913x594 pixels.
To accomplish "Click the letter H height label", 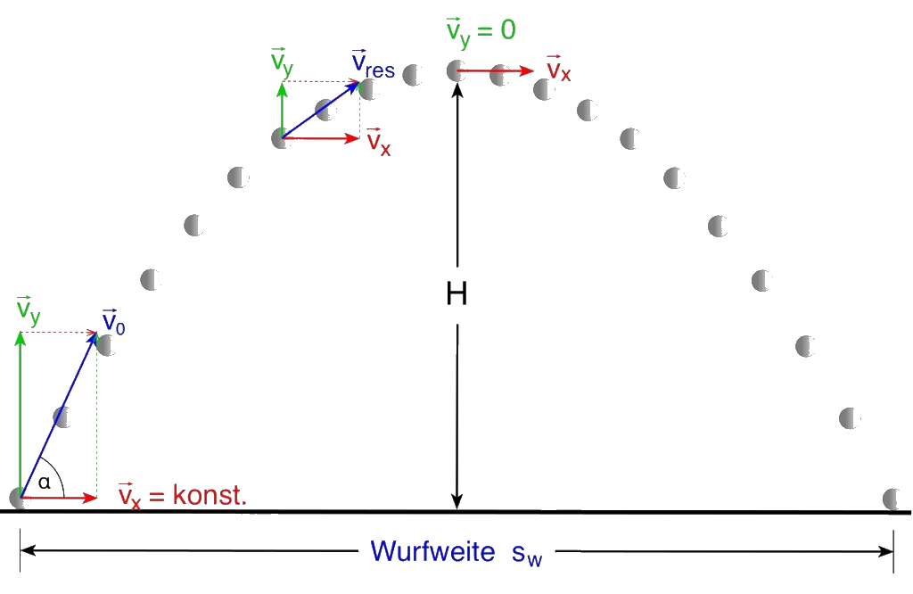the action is pyautogui.click(x=456, y=293).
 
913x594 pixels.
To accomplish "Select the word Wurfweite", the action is pyautogui.click(x=432, y=551).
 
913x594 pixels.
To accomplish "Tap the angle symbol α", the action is pyautogui.click(x=45, y=483).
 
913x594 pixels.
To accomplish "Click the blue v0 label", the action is pyautogui.click(x=113, y=322).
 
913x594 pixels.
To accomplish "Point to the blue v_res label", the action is pyautogui.click(x=374, y=64).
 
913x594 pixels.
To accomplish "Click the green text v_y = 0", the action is pyautogui.click(x=481, y=31).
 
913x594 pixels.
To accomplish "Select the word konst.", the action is pyautogui.click(x=210, y=496).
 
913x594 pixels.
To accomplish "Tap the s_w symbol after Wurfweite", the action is pyautogui.click(x=527, y=555).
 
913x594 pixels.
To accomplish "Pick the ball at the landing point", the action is pyautogui.click(x=892, y=499).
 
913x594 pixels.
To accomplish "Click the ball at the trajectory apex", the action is pyautogui.click(x=456, y=71).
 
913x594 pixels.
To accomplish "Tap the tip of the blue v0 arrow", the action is pyautogui.click(x=96, y=333).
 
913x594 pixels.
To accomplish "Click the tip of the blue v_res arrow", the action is pyautogui.click(x=359, y=82).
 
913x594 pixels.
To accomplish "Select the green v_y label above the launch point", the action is pyautogui.click(x=29, y=309).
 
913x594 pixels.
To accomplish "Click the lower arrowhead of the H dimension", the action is pyautogui.click(x=457, y=502).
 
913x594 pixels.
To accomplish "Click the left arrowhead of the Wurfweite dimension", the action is pyautogui.click(x=28, y=550).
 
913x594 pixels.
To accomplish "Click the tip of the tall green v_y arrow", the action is pyautogui.click(x=21, y=334).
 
